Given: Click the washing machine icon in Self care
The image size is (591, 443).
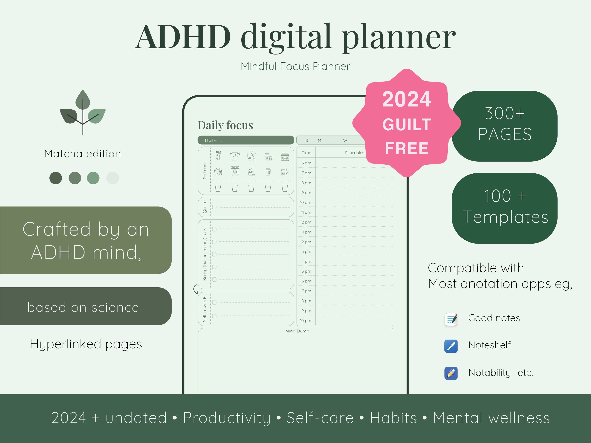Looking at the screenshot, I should pos(235,171).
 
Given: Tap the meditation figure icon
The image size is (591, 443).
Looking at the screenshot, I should pos(251,156).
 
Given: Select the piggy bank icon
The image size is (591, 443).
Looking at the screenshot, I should pos(285,171).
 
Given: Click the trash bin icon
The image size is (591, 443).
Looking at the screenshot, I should pos(268,172).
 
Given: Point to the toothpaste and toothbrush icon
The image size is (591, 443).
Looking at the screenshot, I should pos(218,156).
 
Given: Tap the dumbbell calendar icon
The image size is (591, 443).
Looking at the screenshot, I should pos(285,157).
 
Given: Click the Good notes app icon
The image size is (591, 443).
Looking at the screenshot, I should pos(451,319).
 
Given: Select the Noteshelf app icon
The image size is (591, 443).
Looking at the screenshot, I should pos(451,346).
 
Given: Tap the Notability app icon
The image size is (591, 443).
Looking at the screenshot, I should pos(451,373).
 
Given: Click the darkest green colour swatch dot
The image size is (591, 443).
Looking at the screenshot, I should pos(56,178).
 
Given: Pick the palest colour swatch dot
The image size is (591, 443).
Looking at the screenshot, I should pos(112,178).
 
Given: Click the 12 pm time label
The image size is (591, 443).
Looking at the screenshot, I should pos(305,222).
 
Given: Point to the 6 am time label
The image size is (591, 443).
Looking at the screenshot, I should pos(306,163).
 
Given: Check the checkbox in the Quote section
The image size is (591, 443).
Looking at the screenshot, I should pos(214,207).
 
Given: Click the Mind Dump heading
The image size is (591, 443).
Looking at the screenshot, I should pos(297,331).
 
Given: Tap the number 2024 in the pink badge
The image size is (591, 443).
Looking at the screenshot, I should pos(406,99).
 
